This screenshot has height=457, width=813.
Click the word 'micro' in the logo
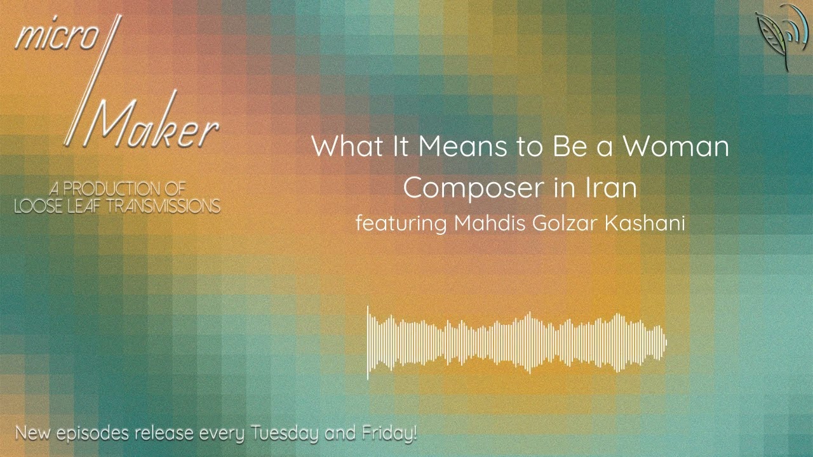[x=55, y=39]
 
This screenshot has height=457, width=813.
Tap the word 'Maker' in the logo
[x=152, y=126]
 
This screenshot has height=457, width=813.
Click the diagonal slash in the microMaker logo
[x=93, y=79]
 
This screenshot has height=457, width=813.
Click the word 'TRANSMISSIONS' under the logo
[x=159, y=206]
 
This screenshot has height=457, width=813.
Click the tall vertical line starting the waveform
[x=368, y=343]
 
